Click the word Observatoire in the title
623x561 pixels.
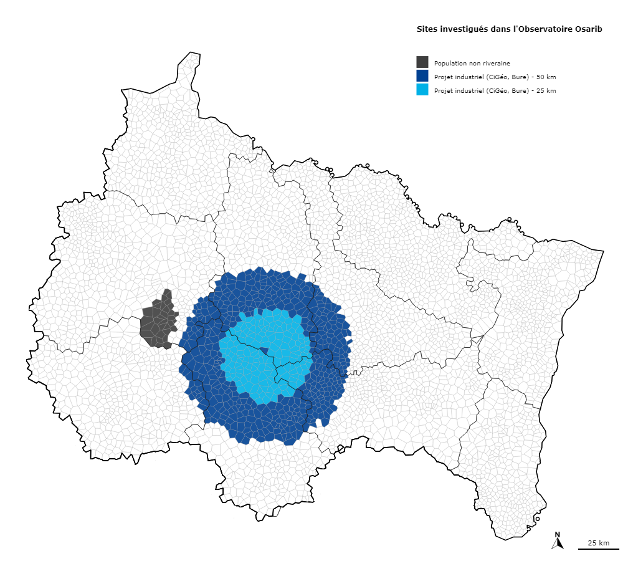click(x=546, y=29)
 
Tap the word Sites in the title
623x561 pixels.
click(x=427, y=29)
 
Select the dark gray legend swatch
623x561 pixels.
click(x=422, y=62)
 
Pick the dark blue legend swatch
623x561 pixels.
click(x=422, y=76)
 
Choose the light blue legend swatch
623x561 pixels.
click(x=422, y=90)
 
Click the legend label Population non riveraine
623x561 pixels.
click(x=472, y=63)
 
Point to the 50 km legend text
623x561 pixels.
click(x=546, y=77)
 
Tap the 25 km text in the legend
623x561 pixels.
click(x=546, y=90)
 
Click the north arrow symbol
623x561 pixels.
click(x=558, y=544)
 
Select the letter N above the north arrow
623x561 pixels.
click(x=558, y=534)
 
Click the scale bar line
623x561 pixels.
click(x=598, y=549)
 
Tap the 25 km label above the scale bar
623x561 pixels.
click(x=599, y=543)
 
